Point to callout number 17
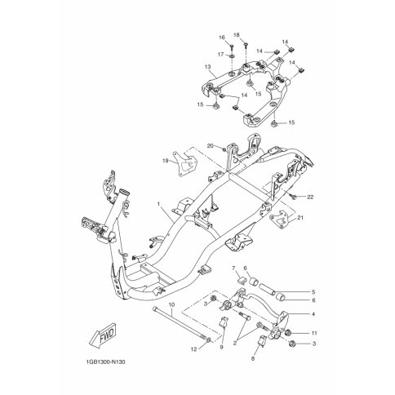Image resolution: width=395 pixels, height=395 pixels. pyautogui.click(x=220, y=54)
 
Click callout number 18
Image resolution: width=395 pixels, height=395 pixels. pyautogui.click(x=236, y=35)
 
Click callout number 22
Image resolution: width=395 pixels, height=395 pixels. pyautogui.click(x=310, y=197)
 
